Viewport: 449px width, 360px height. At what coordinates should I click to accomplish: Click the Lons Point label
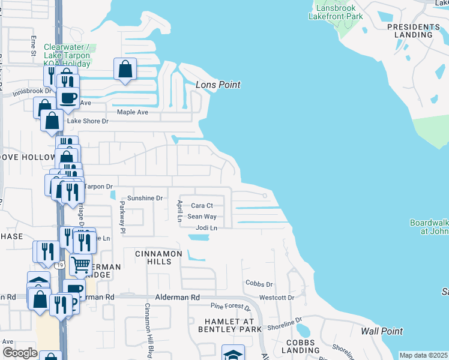click(218, 85)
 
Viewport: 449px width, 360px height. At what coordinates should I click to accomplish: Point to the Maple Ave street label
click(132, 112)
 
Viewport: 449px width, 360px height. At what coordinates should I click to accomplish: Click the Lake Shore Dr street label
click(88, 121)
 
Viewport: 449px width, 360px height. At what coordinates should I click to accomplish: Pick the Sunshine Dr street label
click(145, 198)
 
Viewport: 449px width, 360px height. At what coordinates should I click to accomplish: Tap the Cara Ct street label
click(203, 206)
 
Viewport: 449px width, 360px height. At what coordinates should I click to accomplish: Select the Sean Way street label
click(202, 217)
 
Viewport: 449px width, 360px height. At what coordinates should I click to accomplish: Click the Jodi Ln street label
click(206, 228)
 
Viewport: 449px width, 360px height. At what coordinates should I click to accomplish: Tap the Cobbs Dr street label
click(259, 283)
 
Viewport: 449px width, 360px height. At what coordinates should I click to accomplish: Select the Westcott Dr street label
click(277, 298)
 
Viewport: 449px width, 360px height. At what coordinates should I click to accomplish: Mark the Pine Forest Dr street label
click(231, 307)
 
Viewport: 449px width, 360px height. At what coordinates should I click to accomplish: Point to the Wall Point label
click(382, 331)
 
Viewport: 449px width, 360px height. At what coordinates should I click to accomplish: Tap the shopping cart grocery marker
click(80, 264)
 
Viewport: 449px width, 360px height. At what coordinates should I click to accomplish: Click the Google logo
click(20, 353)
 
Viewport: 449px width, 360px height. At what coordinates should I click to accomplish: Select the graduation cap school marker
click(233, 354)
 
